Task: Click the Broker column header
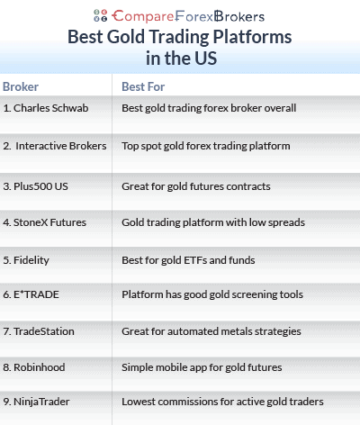click(21, 86)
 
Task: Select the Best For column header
click(144, 86)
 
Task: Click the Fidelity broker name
click(31, 260)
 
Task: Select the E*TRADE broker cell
click(33, 294)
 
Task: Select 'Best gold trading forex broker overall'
click(209, 108)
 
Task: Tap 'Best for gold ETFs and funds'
click(188, 260)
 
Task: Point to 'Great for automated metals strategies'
click(211, 331)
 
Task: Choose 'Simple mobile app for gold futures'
click(201, 367)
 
